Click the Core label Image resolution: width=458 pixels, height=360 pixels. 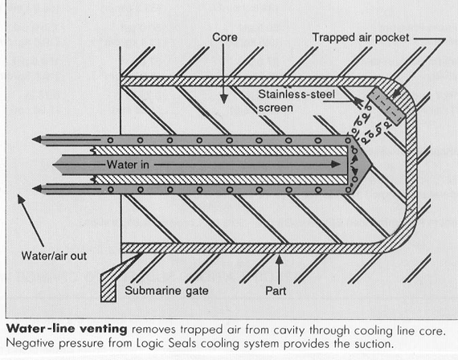tap(225, 38)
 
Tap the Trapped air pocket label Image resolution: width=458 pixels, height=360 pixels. tap(361, 38)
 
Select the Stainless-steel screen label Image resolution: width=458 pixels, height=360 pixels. tap(296, 101)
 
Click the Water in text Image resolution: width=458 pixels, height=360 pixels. tap(128, 165)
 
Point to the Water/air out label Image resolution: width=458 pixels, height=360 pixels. tap(54, 256)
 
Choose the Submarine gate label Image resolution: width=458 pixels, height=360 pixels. tap(166, 291)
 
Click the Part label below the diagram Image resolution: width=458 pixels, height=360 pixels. tap(276, 291)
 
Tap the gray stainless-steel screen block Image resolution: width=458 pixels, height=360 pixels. tap(386, 106)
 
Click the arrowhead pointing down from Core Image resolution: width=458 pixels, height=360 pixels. tap(223, 99)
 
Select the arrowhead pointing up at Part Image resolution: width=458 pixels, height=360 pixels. tap(280, 260)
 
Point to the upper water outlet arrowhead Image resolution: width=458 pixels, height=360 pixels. tap(37, 139)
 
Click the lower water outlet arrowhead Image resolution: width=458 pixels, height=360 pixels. tap(37, 189)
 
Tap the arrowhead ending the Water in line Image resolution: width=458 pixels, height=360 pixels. tap(336, 164)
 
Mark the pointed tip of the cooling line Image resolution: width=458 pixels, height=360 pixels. tap(371, 165)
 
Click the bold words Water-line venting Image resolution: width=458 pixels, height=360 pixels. tap(67, 329)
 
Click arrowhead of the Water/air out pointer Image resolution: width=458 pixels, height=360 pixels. tap(22, 200)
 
